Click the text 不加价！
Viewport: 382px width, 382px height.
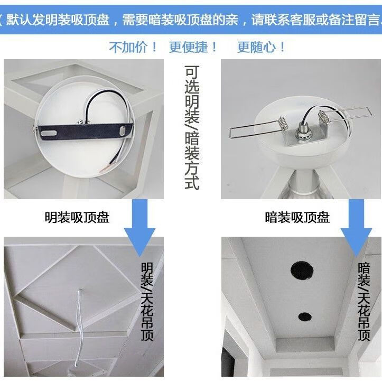pyautogui.click(x=133, y=48)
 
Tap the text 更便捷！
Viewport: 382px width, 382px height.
pyautogui.click(x=193, y=48)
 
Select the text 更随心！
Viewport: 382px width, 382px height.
pyautogui.click(x=262, y=48)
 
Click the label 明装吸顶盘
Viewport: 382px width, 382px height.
pyautogui.click(x=77, y=217)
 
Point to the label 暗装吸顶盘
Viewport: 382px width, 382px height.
pyautogui.click(x=297, y=217)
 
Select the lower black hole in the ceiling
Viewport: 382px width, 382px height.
pyautogui.click(x=304, y=317)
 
